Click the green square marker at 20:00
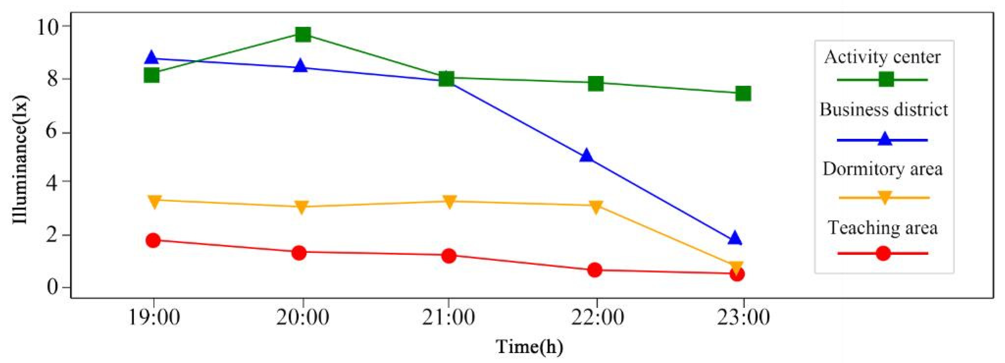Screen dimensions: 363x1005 coord(303,35)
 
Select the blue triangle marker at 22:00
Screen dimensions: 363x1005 coord(586,156)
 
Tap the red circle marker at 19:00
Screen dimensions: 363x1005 coord(153,240)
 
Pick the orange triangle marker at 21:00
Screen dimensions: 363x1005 coord(450,202)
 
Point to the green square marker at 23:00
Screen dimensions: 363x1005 coord(743,93)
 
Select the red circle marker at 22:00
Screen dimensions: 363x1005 coord(595,270)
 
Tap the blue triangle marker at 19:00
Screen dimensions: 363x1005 coord(151,58)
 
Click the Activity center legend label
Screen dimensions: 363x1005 coord(883,57)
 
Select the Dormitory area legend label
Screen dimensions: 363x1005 coord(883,169)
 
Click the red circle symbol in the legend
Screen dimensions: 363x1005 coord(883,253)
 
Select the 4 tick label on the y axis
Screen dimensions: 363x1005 coord(53,182)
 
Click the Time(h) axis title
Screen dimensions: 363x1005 coord(529,347)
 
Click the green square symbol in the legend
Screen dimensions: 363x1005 coord(886,79)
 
